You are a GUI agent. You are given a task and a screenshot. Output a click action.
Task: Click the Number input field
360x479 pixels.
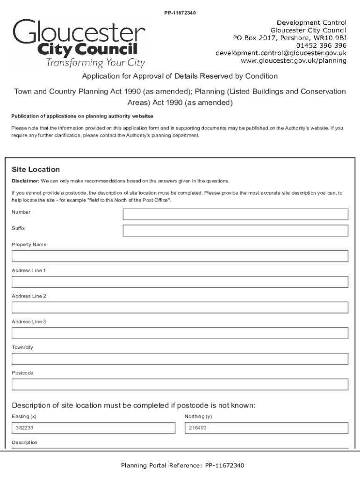tap(235, 214)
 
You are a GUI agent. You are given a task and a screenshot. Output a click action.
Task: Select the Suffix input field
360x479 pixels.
tap(235, 231)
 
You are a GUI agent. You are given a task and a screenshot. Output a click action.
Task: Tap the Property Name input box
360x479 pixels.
tap(180, 256)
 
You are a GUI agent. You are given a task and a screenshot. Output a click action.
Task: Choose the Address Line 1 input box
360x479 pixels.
tap(180, 282)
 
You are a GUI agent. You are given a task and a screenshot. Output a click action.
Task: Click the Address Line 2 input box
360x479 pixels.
tap(180, 307)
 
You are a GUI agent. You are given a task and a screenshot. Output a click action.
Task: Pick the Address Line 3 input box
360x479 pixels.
tap(180, 333)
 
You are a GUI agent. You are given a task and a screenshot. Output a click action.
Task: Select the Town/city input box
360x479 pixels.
tap(180, 359)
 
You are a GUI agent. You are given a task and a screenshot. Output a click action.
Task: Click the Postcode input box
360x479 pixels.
tap(180, 385)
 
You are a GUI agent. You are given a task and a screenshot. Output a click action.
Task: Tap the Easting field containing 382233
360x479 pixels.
tap(93, 428)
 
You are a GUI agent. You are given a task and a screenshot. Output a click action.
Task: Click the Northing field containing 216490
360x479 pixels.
tap(266, 428)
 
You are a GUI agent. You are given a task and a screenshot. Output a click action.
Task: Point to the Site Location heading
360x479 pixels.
tap(36, 169)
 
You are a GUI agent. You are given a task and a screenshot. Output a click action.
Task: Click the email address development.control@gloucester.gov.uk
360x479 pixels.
tap(281, 53)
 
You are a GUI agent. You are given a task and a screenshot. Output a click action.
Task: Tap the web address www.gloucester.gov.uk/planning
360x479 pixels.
tap(293, 60)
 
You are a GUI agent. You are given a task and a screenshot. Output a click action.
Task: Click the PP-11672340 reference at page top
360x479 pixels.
tap(180, 13)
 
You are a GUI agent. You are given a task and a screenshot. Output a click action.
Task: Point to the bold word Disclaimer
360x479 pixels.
tap(25, 181)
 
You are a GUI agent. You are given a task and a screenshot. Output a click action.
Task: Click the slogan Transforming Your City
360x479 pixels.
tap(95, 63)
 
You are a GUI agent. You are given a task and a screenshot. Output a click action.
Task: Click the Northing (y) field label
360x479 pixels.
tap(198, 416)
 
